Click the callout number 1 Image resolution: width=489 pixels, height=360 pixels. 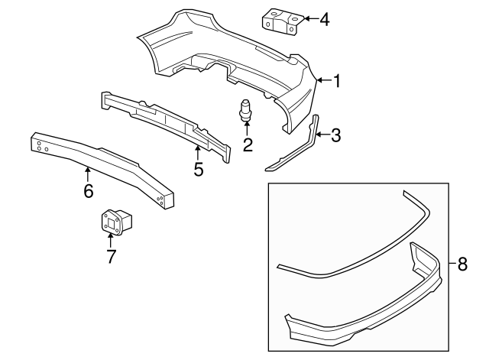point(337,81)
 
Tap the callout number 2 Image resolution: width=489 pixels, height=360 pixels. point(248,144)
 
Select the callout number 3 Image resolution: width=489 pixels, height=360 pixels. point(335,135)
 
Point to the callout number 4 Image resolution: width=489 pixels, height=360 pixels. point(324,20)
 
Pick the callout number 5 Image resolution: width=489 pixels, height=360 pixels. point(199,170)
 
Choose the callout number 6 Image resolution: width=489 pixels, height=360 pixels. point(89,190)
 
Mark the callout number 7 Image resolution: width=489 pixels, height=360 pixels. point(111,256)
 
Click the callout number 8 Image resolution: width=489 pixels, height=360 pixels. point(462,264)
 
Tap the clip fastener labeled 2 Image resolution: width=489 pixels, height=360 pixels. point(246,110)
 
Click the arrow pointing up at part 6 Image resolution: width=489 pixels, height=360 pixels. point(88,174)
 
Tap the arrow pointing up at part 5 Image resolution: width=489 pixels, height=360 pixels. point(197,153)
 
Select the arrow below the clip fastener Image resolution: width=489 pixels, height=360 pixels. point(247,129)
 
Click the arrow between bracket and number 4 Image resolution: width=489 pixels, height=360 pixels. point(311,18)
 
